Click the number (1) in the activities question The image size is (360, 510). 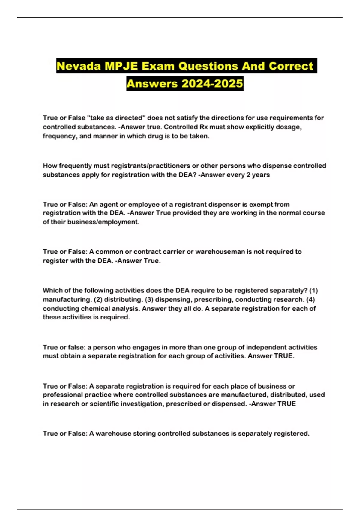313,290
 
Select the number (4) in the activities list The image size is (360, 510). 311,299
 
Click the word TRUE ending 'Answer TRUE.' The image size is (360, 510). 284,356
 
